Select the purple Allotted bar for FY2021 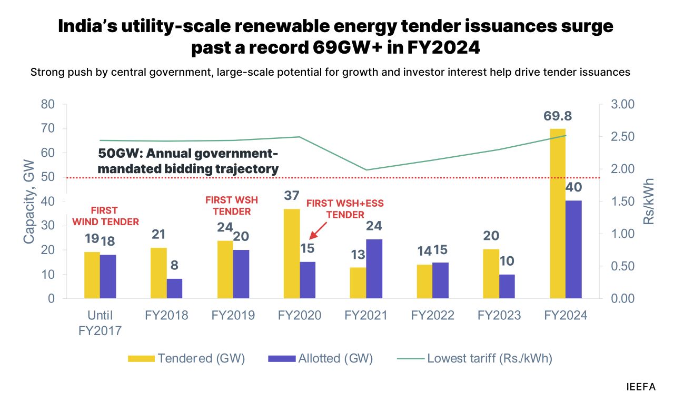tap(374, 269)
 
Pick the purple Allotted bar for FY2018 tap(174, 288)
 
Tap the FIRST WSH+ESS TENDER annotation tap(345, 208)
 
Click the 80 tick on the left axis tap(47, 104)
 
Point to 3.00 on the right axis tap(624, 104)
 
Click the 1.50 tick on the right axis tap(624, 201)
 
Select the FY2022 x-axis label tap(432, 316)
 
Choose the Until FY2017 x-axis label tap(101, 323)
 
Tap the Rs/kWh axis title tap(649, 201)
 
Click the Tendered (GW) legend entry tap(187, 359)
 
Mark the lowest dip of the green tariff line tap(366, 170)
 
